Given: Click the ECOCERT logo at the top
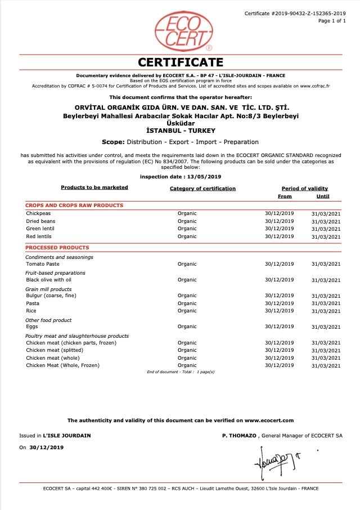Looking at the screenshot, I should click(x=183, y=32).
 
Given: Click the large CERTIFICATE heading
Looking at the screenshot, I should click(x=181, y=62).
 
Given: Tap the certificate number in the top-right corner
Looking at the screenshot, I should click(x=295, y=13).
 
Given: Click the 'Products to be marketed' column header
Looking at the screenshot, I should click(x=94, y=187).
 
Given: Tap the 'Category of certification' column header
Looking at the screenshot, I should click(x=202, y=189).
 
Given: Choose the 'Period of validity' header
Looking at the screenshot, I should click(x=304, y=189).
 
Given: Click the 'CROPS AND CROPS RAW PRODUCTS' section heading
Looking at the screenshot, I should click(x=74, y=205).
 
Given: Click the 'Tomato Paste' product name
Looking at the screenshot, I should click(x=43, y=264).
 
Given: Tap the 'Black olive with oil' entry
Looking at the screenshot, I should click(x=49, y=280).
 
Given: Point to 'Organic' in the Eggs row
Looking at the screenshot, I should click(x=187, y=326).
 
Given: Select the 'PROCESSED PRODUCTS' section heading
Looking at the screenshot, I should click(x=57, y=248).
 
